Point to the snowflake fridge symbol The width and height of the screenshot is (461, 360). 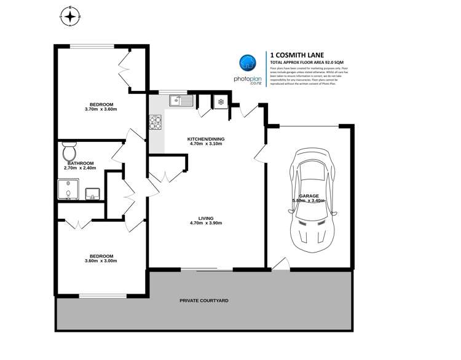[x=219, y=102]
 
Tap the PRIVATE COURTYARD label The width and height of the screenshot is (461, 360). [x=204, y=300]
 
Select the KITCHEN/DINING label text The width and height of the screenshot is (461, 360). [x=206, y=139]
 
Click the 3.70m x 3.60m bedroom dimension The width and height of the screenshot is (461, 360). [x=101, y=109]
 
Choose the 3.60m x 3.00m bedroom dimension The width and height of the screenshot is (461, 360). [x=101, y=260]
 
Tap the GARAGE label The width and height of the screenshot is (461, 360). [x=309, y=196]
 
